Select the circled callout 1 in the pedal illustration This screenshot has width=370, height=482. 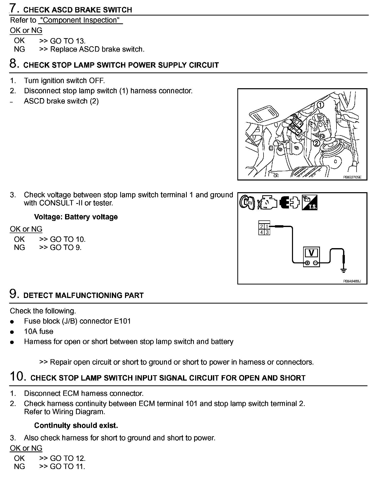(320, 104)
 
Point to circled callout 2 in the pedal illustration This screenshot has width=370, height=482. (316, 143)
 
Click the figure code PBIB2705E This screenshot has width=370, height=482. (352, 177)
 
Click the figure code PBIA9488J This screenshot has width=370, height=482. (352, 281)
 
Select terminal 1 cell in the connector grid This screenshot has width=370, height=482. (267, 227)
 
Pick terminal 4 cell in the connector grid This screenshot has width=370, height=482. (261, 232)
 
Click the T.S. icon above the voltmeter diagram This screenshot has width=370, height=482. (310, 203)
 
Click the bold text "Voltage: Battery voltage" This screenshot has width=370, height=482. (76, 217)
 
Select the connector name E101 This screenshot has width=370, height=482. (122, 321)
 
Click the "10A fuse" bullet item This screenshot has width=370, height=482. (39, 332)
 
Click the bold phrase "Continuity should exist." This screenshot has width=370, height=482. (76, 425)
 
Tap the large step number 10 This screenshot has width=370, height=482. (18, 376)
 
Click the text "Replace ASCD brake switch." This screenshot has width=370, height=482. (97, 49)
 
